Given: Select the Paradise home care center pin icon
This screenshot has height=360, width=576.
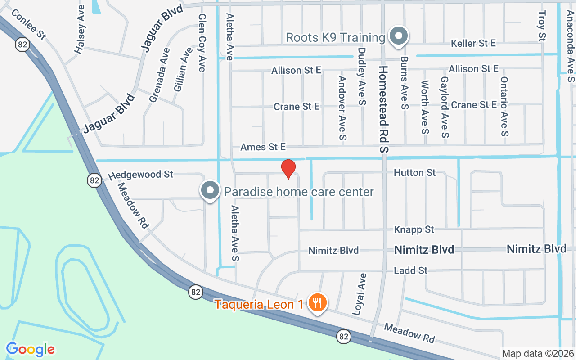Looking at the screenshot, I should tap(210, 191).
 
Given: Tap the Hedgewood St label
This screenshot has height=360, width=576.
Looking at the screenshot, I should tap(141, 174).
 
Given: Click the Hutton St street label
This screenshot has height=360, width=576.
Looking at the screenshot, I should tap(414, 172).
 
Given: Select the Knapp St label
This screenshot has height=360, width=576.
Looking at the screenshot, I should tap(414, 229).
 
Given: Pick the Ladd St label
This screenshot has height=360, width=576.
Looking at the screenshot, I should tap(410, 270).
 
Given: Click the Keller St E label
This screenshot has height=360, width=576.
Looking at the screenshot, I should tap(473, 43).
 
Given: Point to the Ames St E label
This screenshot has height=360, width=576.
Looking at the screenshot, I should tap(263, 147).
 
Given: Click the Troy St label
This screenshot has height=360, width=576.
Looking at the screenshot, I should tap(541, 26).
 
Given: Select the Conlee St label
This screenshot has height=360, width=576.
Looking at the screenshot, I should tap(27, 24).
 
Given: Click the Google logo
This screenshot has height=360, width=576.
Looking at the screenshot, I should tap(30, 349).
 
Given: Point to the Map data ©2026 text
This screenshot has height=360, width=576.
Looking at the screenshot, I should tap(538, 353).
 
